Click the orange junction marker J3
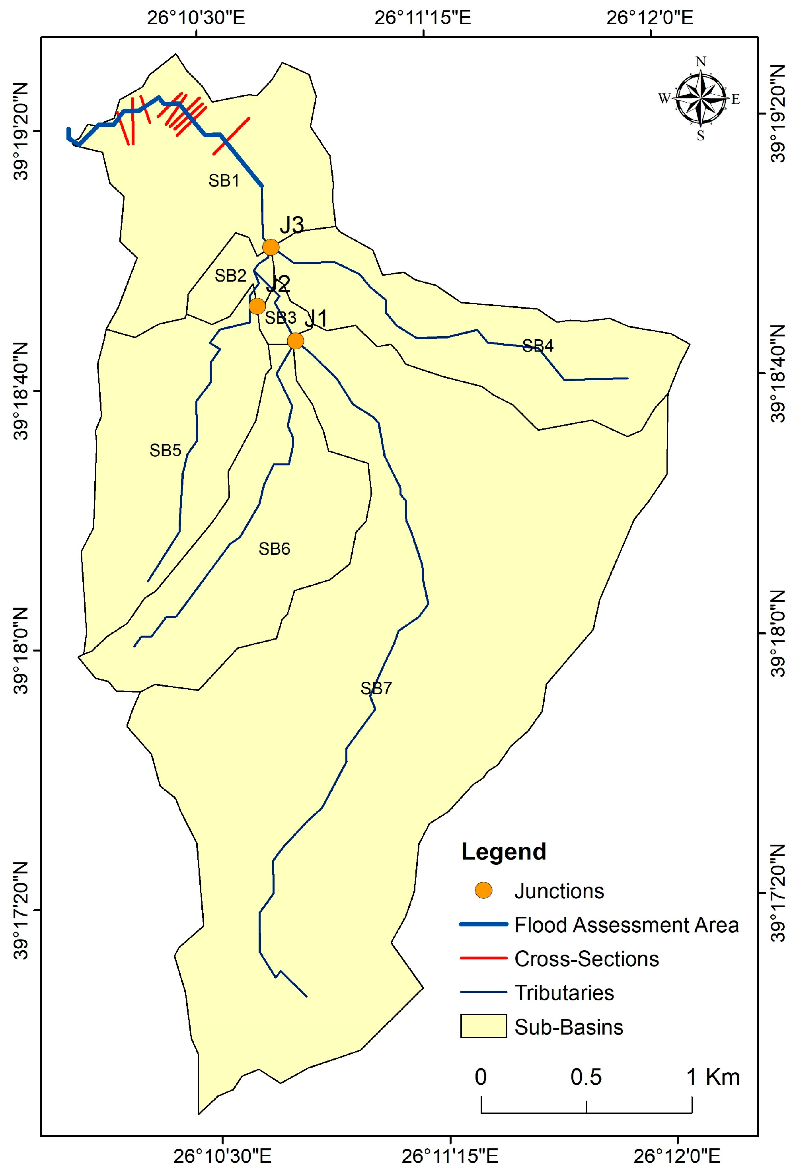click(271, 247)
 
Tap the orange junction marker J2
click(257, 306)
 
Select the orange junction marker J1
click(295, 341)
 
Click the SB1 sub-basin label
click(224, 181)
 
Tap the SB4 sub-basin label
click(538, 346)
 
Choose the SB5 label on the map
click(165, 450)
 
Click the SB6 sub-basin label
click(274, 549)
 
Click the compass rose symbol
click(700, 98)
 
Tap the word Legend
click(503, 852)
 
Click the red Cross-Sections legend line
click(483, 958)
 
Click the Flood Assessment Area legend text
click(626, 925)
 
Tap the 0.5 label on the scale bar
click(586, 1077)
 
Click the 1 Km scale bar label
click(713, 1077)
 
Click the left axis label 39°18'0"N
click(21, 651)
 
